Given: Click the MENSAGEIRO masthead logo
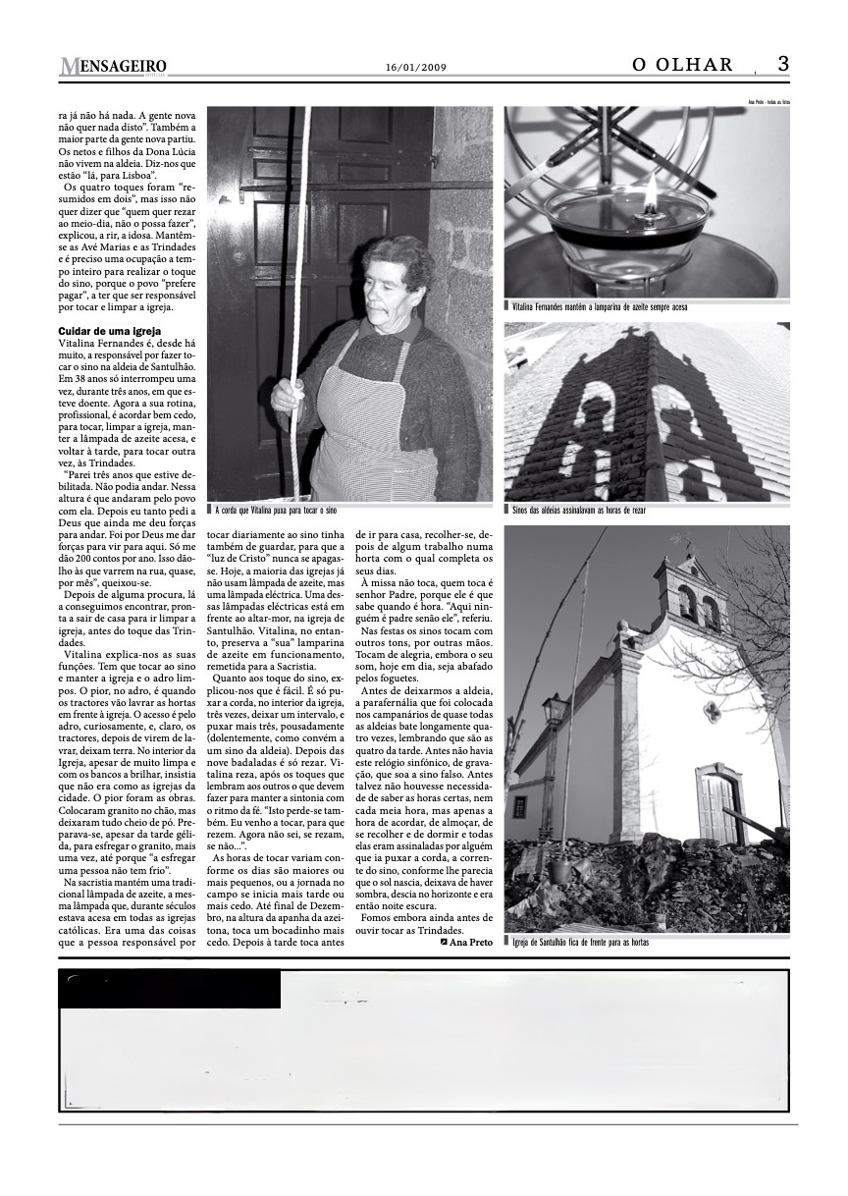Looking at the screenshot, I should [113, 67].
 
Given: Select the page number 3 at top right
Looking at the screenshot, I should [783, 64].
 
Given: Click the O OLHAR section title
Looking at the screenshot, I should [683, 65].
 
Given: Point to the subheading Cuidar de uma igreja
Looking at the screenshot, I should [109, 331].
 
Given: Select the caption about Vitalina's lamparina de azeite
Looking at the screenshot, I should [599, 307].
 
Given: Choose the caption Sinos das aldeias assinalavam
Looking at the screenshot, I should [579, 511].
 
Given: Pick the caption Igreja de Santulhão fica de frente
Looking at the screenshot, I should [581, 942].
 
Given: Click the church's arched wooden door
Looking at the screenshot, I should [717, 808].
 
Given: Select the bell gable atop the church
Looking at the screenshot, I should [694, 594].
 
